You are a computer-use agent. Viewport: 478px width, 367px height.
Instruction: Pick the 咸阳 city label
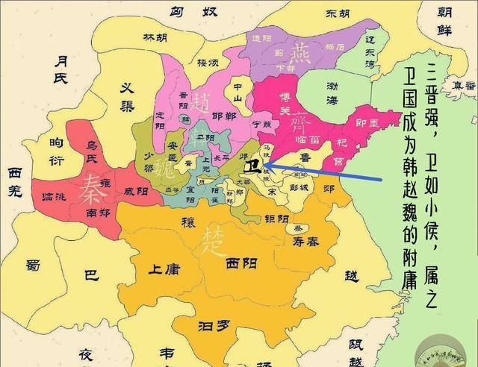(x=137, y=191)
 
